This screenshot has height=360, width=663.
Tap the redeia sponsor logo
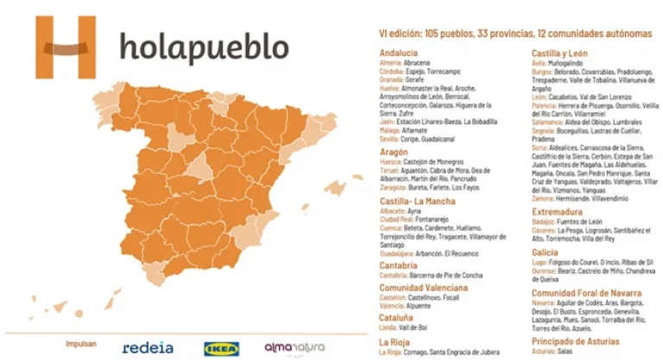(148, 347)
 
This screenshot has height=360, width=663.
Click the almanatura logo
(294, 347)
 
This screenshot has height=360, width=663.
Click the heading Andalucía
(399, 53)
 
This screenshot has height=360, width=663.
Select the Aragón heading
(394, 152)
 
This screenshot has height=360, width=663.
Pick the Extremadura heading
(557, 212)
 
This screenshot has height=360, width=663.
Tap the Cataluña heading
(397, 317)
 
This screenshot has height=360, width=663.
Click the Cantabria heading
(399, 265)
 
